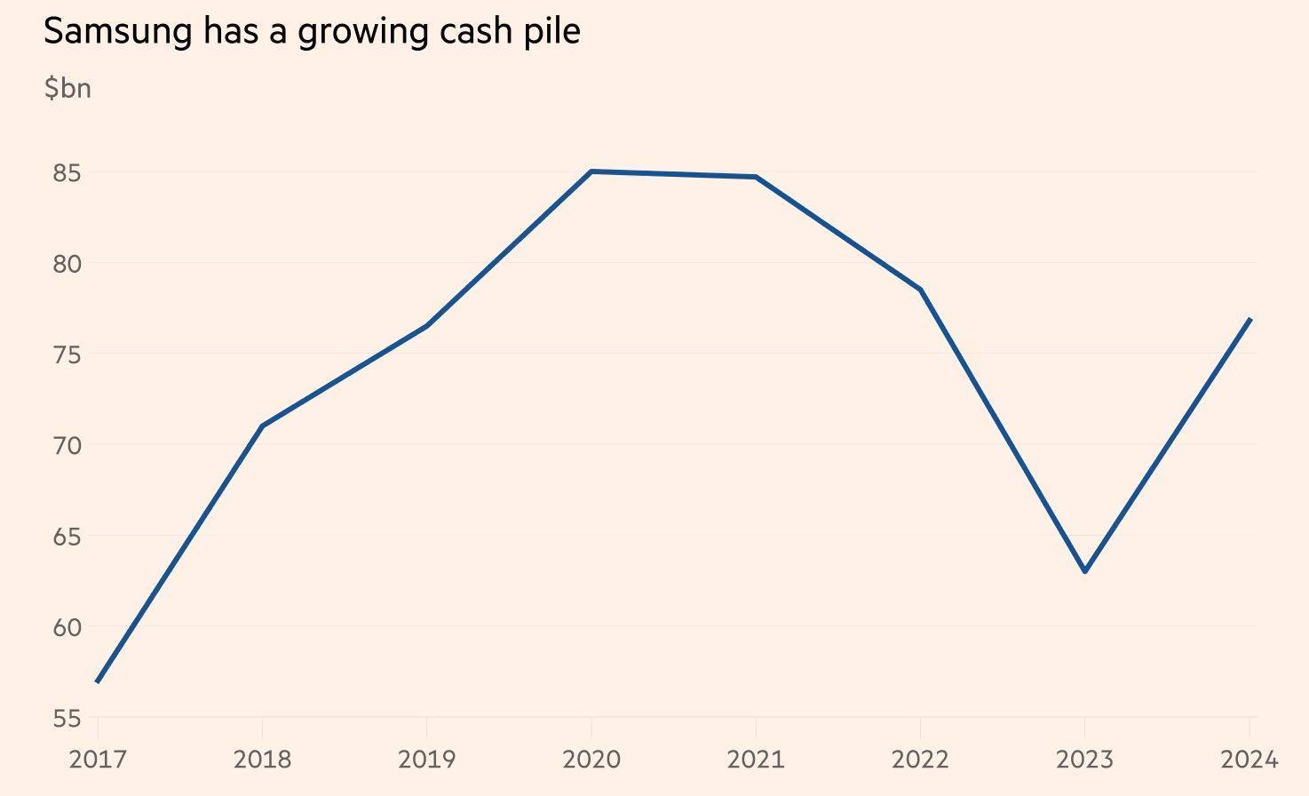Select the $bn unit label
(x=67, y=88)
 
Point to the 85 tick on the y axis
(x=67, y=172)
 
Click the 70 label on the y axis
(x=67, y=445)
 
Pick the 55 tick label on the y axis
(x=67, y=718)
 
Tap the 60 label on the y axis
(x=67, y=627)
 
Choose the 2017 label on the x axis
(x=98, y=760)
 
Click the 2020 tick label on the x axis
(x=591, y=760)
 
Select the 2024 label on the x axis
(x=1249, y=760)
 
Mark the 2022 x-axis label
(x=920, y=760)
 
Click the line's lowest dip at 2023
(x=1085, y=571)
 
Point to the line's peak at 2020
(x=591, y=171)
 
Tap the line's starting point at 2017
(x=98, y=681)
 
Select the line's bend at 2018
(x=262, y=426)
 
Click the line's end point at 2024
(x=1249, y=319)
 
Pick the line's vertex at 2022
(x=921, y=290)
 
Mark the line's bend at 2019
(x=427, y=326)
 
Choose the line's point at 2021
(x=756, y=177)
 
